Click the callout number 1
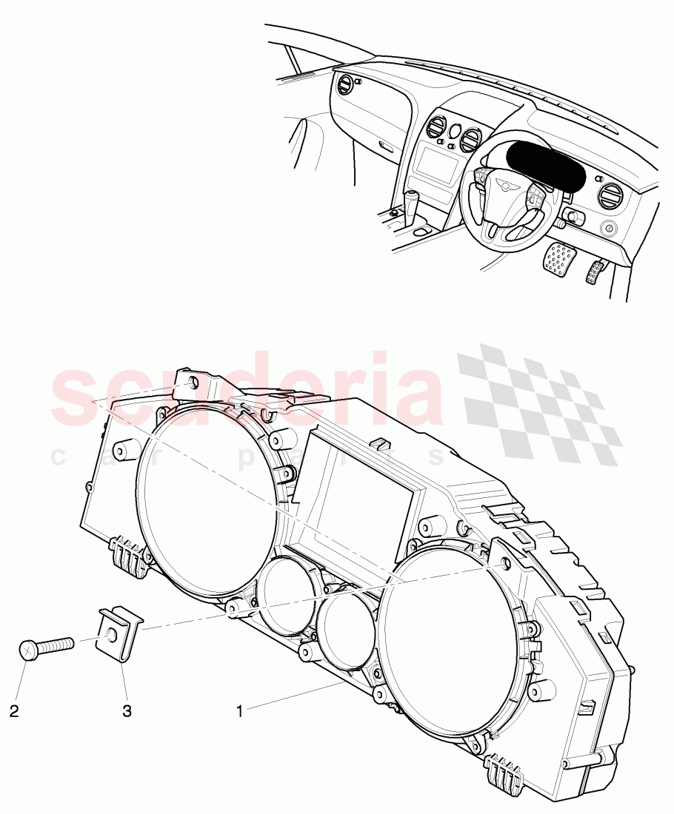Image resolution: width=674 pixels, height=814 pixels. (239, 712)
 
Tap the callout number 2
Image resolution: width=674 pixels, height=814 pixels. (14, 712)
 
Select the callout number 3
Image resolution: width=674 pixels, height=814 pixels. (127, 712)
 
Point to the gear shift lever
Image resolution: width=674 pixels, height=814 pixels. (411, 201)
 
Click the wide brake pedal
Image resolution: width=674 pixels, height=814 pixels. (559, 256)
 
